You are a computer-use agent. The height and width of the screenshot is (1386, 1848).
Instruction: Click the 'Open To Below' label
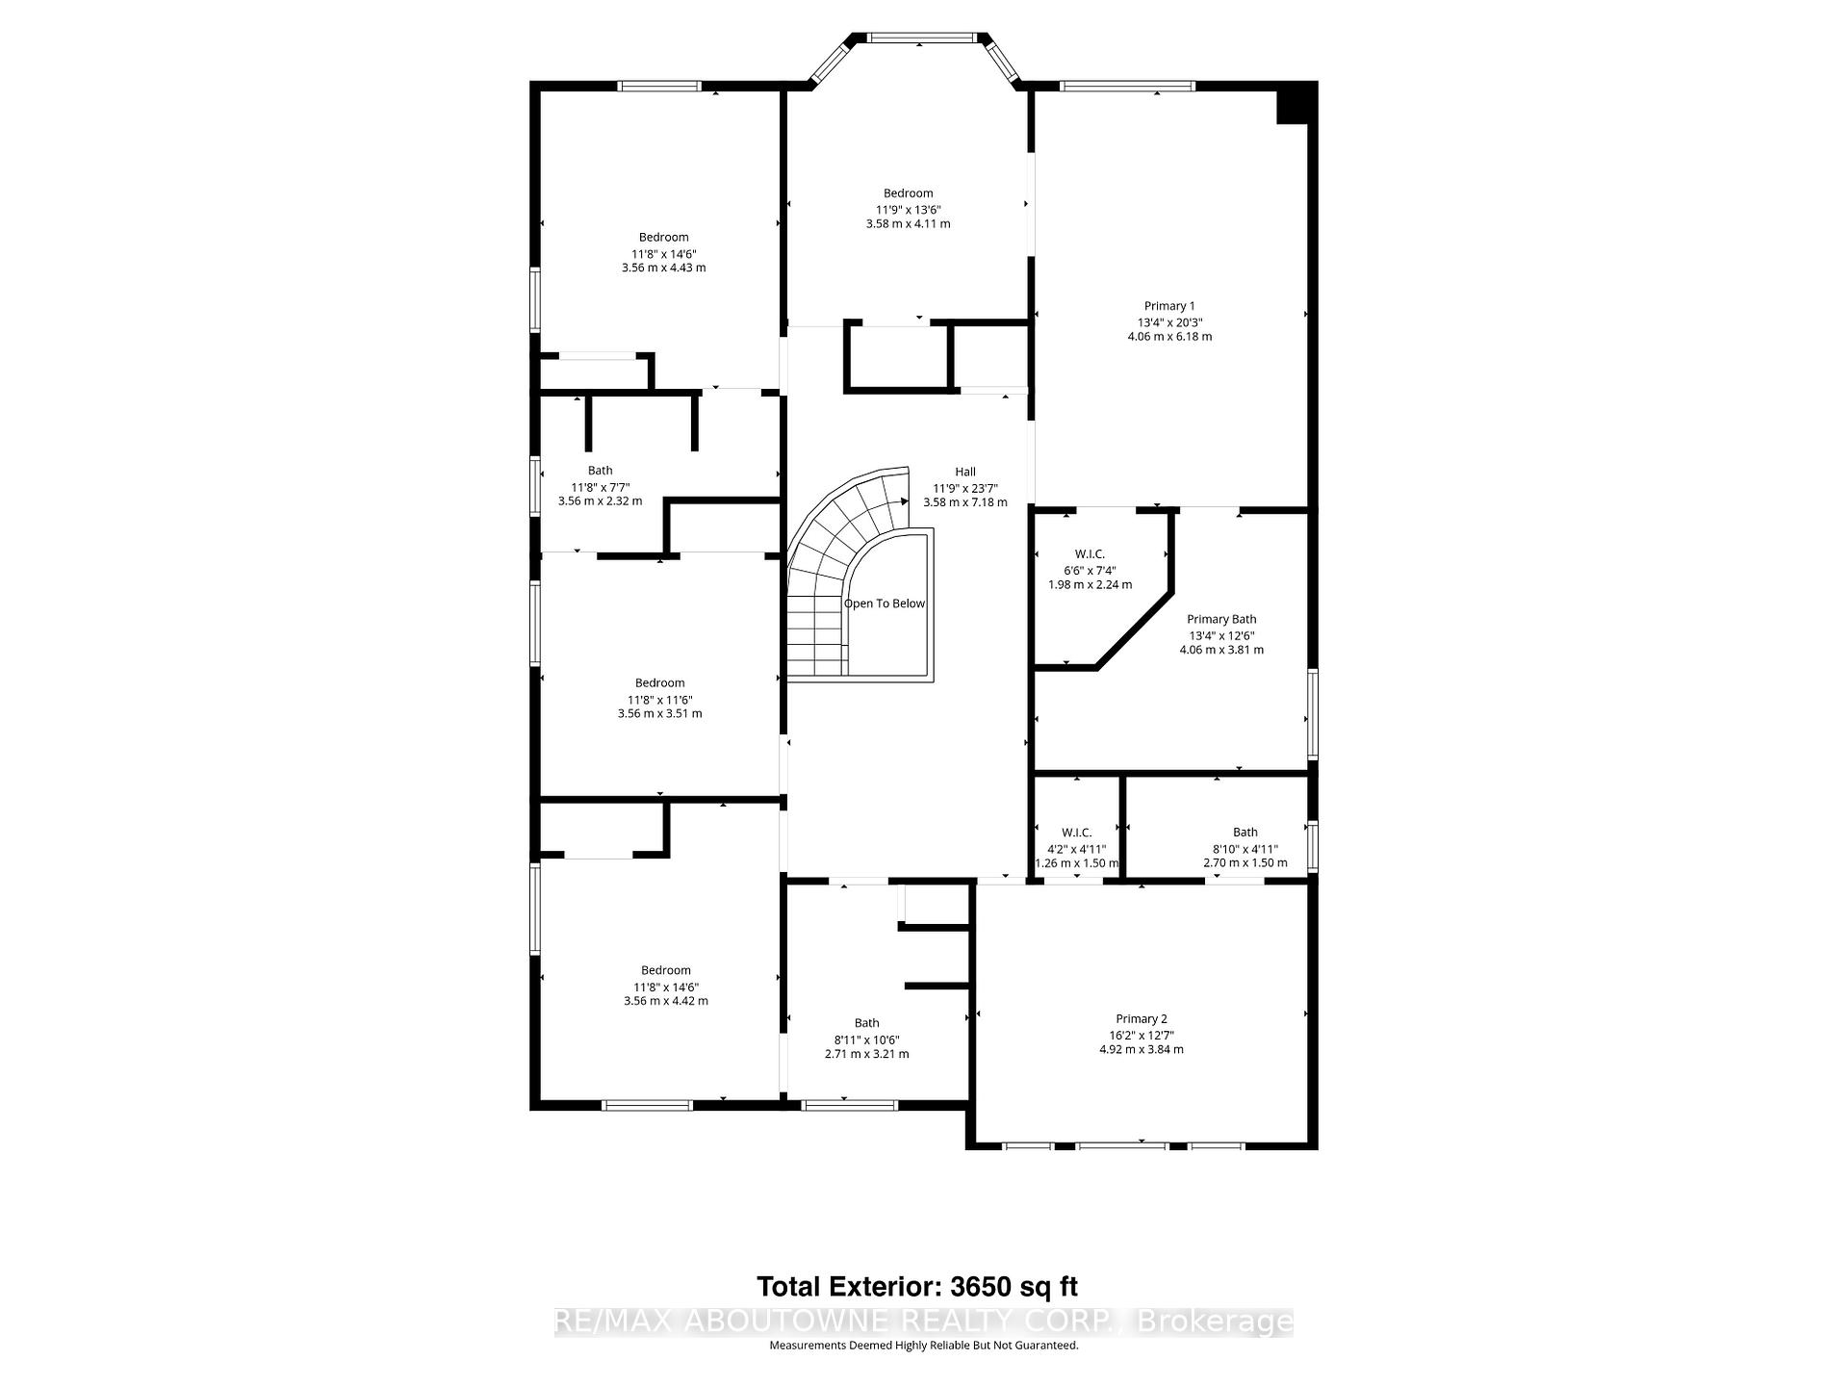pos(884,603)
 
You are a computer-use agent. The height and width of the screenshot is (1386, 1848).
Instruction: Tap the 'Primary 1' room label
pos(1169,306)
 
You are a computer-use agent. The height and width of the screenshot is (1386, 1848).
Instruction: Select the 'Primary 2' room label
pos(1142,1018)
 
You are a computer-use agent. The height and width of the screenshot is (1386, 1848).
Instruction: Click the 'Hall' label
pos(964,472)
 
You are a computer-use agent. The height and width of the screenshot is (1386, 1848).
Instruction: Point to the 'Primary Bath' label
pos(1221,620)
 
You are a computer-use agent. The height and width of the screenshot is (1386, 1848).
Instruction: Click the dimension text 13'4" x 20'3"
pos(1169,322)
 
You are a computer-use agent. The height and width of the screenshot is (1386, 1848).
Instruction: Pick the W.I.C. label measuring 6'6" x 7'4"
pos(1090,554)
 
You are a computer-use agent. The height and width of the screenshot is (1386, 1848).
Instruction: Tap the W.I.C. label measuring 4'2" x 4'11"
pos(1076,833)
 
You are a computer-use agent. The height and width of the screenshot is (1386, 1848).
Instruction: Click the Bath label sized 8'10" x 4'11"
pos(1245,833)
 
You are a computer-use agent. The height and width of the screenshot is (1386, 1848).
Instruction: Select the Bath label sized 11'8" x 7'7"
pos(600,471)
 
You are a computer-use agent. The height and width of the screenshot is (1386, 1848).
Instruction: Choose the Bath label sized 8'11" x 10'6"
pos(866,1023)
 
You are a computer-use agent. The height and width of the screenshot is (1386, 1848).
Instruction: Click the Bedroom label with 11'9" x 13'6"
pos(908,193)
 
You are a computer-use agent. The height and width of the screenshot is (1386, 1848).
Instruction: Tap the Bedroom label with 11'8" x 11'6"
pos(659,683)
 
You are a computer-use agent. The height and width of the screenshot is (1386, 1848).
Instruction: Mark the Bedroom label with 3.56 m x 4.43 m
pos(663,238)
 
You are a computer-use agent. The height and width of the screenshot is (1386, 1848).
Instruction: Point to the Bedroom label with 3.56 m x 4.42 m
pos(665,970)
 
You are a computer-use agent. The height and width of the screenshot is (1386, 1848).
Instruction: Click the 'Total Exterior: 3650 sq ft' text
pos(916,1287)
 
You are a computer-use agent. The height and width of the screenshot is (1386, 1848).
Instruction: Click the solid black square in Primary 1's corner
pos(1295,103)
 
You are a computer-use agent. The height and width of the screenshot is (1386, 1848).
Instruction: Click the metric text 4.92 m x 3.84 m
pos(1142,1049)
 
